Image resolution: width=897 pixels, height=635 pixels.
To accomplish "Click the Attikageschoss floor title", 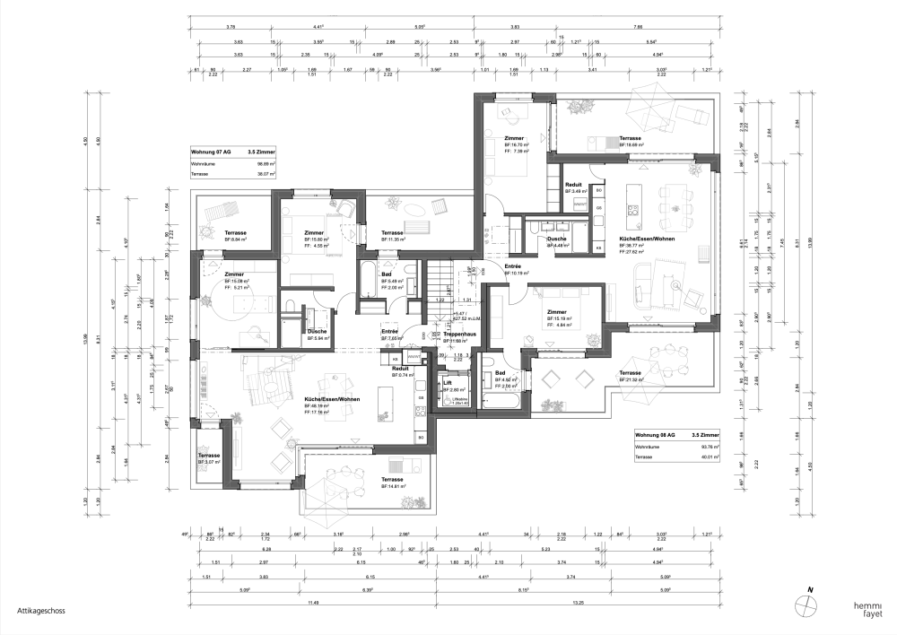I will click(33, 611).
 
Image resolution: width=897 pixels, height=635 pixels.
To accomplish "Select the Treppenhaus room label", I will click(458, 335).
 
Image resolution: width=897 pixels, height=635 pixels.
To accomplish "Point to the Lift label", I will click(448, 382).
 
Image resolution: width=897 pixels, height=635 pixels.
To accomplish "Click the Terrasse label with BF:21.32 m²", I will click(630, 372).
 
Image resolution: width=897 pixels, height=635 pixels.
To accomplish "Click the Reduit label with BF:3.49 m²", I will click(574, 184).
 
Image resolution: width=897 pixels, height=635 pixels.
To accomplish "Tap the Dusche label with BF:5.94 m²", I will click(318, 331).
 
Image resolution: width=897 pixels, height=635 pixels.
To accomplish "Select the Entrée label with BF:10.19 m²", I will click(513, 266).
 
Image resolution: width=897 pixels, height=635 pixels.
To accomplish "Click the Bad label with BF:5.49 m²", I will click(387, 274).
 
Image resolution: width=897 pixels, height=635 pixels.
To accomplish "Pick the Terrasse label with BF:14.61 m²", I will click(392, 480).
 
